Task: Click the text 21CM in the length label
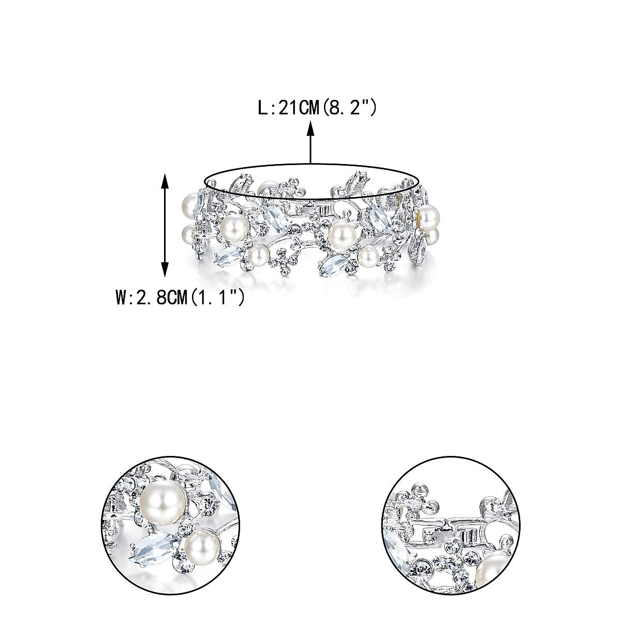tap(299, 108)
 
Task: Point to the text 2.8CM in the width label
tap(162, 298)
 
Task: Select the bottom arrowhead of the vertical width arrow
tap(165, 268)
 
